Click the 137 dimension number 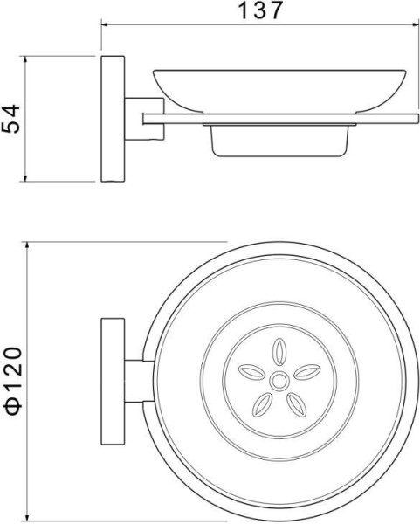tap(260, 10)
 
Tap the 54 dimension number tap(10, 119)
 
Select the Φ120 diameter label tap(13, 381)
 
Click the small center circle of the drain tap(279, 382)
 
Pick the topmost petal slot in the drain tap(279, 352)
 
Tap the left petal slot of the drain tap(251, 372)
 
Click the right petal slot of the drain tap(307, 372)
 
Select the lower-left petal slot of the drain tap(262, 404)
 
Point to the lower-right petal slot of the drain tap(296, 404)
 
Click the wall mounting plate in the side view tap(113, 119)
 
